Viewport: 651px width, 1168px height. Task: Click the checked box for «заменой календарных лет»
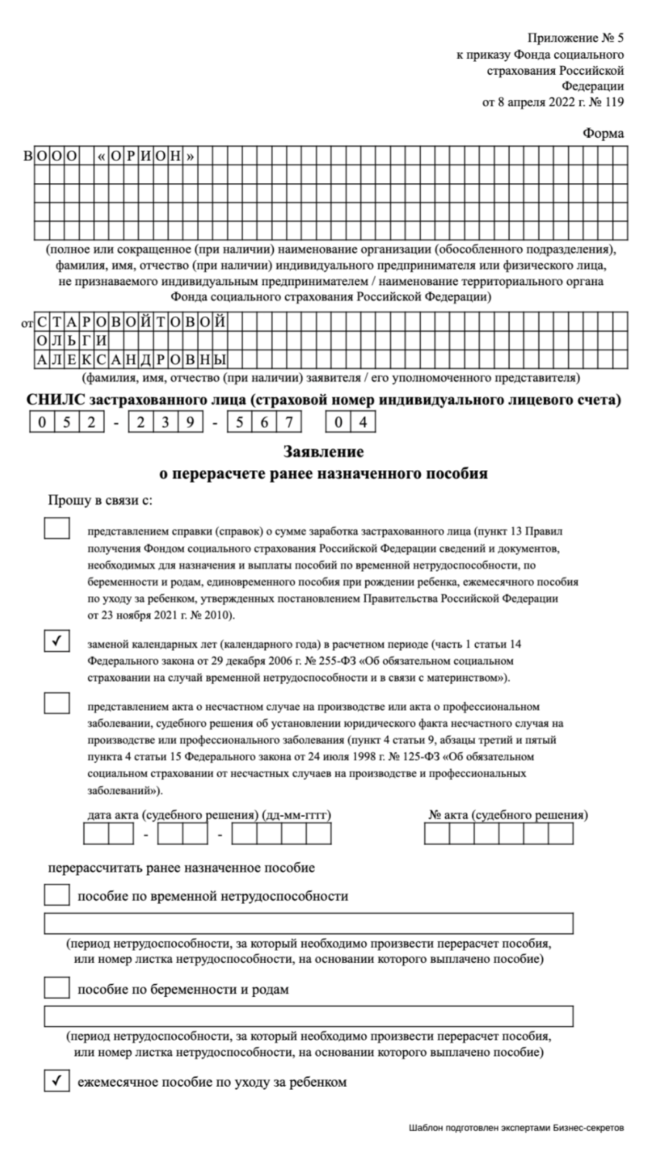pos(56,641)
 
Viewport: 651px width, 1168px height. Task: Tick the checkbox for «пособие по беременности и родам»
pos(56,988)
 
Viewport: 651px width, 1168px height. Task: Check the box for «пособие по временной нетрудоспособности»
pos(56,895)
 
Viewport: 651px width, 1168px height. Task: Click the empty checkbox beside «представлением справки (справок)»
pos(56,528)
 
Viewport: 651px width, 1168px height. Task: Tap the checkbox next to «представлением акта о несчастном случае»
pos(56,703)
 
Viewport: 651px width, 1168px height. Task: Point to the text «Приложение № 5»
pos(575,38)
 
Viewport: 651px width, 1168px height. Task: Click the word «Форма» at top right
pos(603,133)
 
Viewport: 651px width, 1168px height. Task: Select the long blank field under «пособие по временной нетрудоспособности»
pos(308,923)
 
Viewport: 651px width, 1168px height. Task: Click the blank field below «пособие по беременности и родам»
pos(308,1016)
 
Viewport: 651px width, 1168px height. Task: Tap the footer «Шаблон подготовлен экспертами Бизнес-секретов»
pos(516,1128)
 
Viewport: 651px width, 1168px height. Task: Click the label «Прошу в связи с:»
pos(100,501)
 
